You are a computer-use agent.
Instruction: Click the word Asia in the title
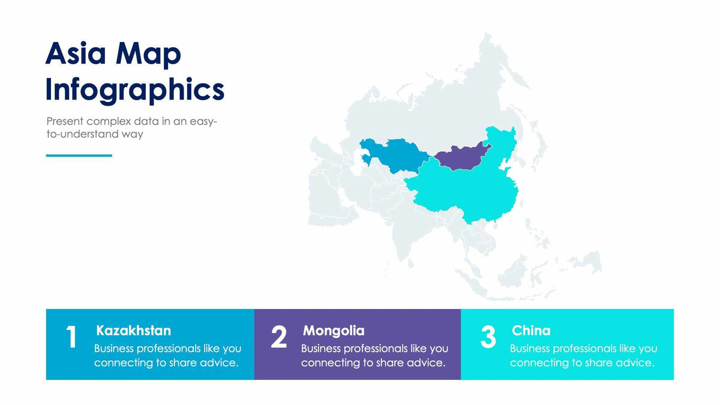[76, 54]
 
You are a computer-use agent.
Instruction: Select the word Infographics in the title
[135, 89]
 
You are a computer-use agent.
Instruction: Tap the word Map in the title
[148, 55]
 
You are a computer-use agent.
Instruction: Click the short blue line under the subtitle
[79, 155]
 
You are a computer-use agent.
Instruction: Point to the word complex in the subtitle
[109, 121]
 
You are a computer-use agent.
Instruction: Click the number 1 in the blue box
[71, 338]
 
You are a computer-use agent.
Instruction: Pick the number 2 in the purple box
[279, 338]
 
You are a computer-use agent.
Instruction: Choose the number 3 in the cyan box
[488, 338]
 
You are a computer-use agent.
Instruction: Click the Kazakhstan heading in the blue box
[133, 331]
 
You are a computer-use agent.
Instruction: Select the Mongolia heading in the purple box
[334, 331]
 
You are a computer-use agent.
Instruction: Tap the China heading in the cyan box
[531, 331]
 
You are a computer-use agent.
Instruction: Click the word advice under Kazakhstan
[222, 362]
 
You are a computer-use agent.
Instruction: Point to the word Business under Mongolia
[323, 348]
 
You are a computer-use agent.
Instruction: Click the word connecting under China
[537, 363]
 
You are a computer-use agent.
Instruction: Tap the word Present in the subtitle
[65, 121]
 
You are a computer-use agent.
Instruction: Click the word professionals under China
[587, 349]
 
